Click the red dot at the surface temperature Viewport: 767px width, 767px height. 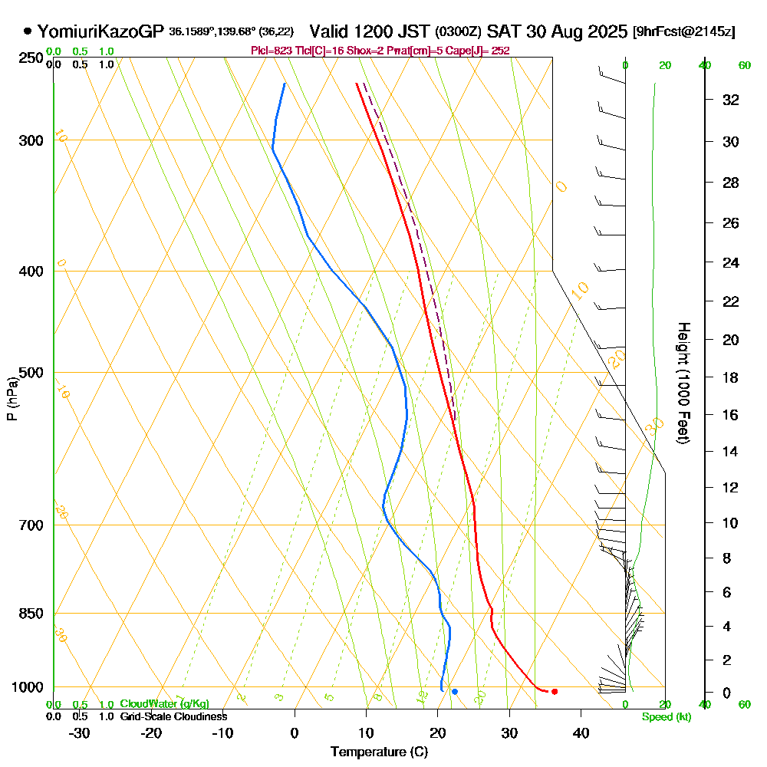[x=555, y=692]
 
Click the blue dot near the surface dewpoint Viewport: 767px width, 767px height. [x=455, y=692]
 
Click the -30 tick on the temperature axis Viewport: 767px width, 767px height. [x=80, y=732]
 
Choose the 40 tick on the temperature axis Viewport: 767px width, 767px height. [x=581, y=732]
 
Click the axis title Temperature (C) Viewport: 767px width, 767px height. [x=379, y=752]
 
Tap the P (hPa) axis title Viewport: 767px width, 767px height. [x=12, y=398]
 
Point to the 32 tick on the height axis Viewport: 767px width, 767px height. [x=731, y=100]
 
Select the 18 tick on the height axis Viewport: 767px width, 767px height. [x=731, y=377]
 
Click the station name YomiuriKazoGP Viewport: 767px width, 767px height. [x=100, y=31]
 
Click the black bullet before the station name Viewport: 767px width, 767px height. [x=28, y=31]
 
